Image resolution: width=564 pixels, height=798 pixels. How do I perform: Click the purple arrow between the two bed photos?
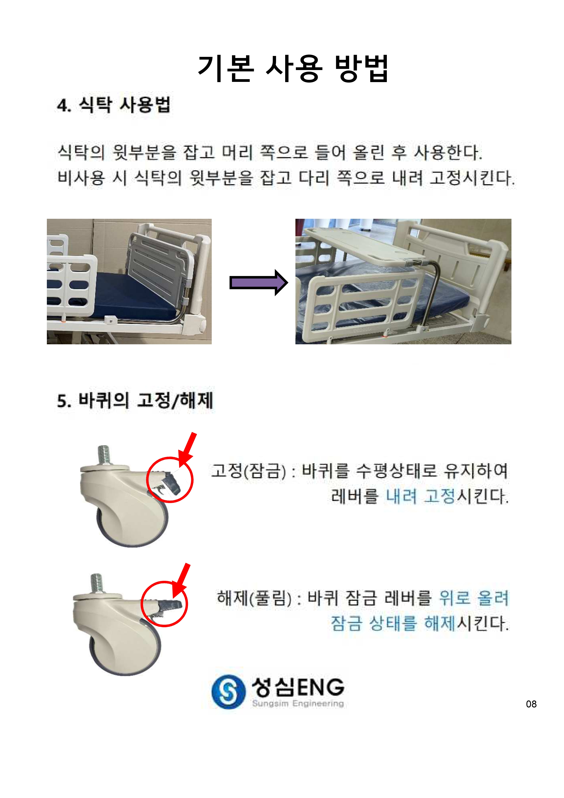pyautogui.click(x=259, y=283)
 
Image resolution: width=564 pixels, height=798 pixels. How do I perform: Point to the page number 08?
pyautogui.click(x=531, y=704)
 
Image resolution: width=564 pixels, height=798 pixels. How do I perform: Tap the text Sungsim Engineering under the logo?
pyautogui.click(x=298, y=703)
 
